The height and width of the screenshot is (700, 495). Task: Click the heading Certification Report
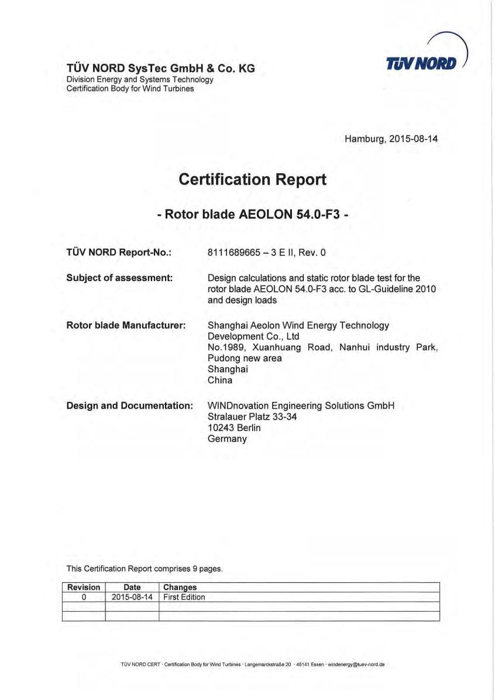click(252, 179)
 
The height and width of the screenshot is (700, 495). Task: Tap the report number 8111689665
click(232, 253)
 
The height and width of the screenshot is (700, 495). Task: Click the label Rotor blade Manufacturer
click(126, 325)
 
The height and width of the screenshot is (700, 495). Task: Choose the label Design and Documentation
click(130, 405)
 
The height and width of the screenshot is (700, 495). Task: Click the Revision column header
click(84, 587)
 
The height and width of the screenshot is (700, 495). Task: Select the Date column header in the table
click(132, 587)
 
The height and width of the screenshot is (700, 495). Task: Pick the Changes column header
click(180, 587)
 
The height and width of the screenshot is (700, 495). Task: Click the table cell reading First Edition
click(184, 597)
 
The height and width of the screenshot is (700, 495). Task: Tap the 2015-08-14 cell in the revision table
click(132, 597)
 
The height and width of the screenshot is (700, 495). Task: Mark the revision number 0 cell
click(84, 597)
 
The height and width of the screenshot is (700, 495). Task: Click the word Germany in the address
click(227, 438)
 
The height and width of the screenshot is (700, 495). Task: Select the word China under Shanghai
click(220, 380)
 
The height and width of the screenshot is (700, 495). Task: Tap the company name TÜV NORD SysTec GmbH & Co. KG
click(161, 68)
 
